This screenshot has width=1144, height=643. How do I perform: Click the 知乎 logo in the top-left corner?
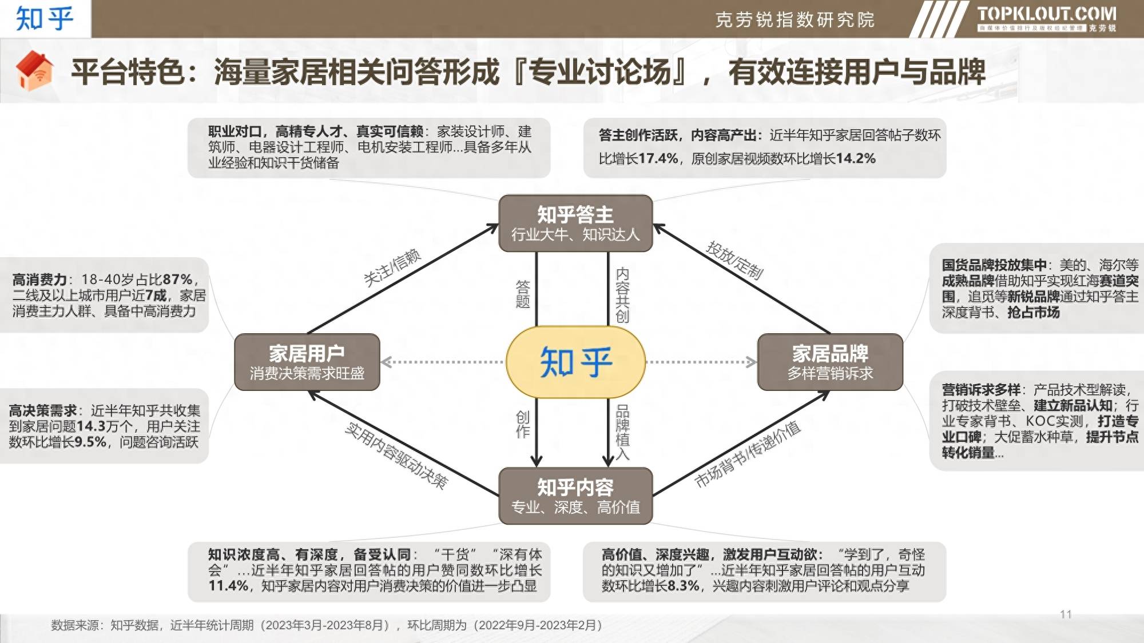click(x=45, y=18)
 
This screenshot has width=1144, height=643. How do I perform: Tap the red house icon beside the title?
click(x=35, y=71)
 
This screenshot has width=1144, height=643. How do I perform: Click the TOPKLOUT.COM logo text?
click(x=1046, y=14)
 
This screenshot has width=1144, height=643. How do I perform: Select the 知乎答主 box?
click(x=575, y=223)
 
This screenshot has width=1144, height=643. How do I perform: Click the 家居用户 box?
click(x=307, y=362)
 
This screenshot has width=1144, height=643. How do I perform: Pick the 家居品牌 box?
click(x=830, y=362)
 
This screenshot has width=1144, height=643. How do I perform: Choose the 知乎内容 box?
click(x=575, y=496)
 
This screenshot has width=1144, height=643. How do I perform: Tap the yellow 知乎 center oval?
click(x=576, y=362)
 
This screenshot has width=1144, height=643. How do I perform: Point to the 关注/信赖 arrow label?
click(x=392, y=267)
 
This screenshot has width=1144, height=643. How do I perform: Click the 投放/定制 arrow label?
click(x=735, y=260)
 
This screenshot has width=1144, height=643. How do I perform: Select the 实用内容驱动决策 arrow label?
click(x=396, y=456)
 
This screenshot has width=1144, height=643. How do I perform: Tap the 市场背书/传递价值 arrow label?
click(x=748, y=454)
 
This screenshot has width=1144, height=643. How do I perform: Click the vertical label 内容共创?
click(x=622, y=295)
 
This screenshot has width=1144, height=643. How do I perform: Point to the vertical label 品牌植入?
click(x=622, y=432)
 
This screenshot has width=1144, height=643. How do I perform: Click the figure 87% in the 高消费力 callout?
click(x=178, y=279)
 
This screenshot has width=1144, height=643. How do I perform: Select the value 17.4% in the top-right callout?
click(x=658, y=158)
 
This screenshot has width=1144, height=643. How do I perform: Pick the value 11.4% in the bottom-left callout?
click(x=228, y=586)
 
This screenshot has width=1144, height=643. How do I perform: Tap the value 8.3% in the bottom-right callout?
click(x=683, y=586)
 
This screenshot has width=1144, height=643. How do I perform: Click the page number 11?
click(x=1066, y=614)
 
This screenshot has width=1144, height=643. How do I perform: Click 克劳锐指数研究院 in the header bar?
click(x=795, y=20)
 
